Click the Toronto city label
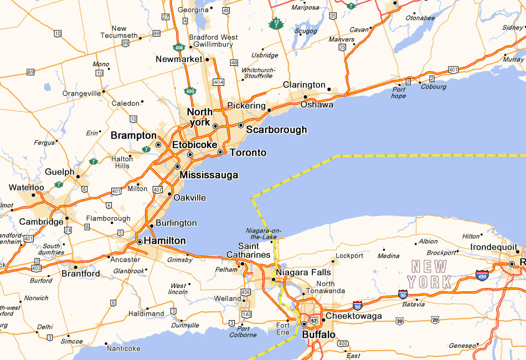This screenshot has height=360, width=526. [x=247, y=152]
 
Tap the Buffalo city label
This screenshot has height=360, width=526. [x=318, y=335]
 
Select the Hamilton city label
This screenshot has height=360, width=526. [x=164, y=241]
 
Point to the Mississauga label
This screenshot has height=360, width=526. [x=209, y=175]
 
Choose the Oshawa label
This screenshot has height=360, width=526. [x=317, y=104]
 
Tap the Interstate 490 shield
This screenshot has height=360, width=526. [x=482, y=274]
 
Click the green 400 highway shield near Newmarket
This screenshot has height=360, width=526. [x=190, y=91]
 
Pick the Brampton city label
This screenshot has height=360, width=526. [x=133, y=135]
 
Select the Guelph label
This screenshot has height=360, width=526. [x=60, y=172]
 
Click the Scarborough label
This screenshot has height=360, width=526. [x=276, y=130]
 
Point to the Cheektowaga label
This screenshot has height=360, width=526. [x=353, y=316]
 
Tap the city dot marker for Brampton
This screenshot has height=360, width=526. [x=158, y=145]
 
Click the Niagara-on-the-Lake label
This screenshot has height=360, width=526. [x=261, y=234]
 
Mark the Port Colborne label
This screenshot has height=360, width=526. [x=244, y=331]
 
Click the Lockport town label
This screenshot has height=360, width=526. [x=349, y=256]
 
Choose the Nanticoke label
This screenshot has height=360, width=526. [x=123, y=348]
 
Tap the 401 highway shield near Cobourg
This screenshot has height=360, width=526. [x=453, y=70]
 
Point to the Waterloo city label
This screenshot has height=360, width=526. [x=26, y=188]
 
